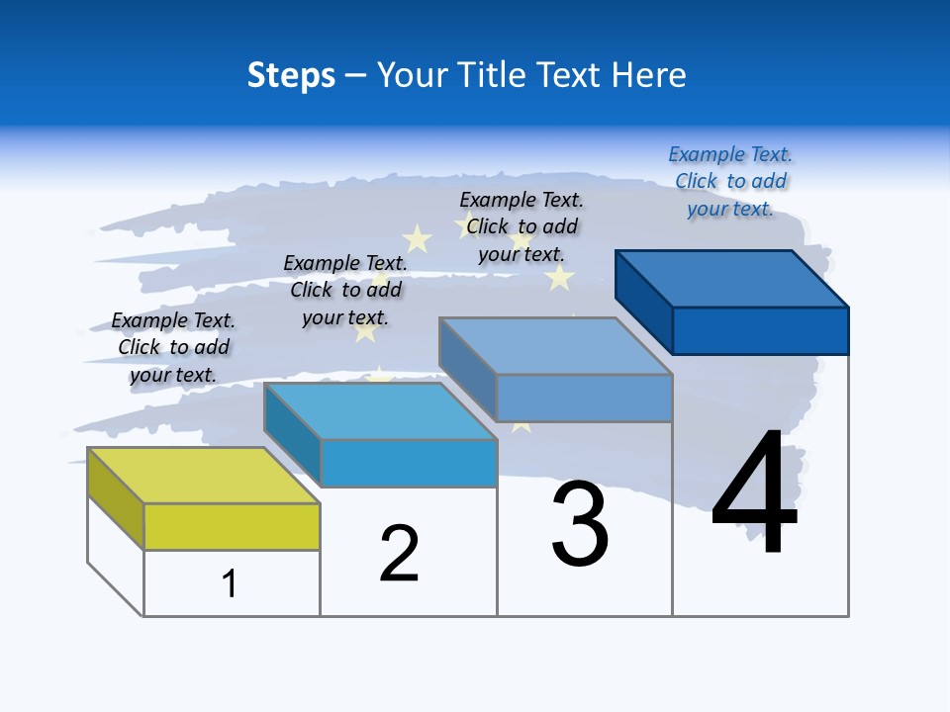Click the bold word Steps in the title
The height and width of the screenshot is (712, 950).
[291, 75]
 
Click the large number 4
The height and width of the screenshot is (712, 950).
[755, 493]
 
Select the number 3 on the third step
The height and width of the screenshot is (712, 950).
[580, 523]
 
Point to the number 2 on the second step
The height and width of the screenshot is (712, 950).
[400, 553]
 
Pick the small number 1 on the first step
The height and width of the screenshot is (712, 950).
[230, 583]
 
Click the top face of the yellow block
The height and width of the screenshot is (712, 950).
[203, 476]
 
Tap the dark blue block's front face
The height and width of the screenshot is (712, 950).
[760, 330]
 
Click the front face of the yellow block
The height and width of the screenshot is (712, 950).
[232, 526]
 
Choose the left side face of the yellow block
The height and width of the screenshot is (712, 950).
[116, 497]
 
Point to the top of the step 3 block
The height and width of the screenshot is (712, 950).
[556, 346]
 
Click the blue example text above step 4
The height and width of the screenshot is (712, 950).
[730, 182]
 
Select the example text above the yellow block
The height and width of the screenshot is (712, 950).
[173, 347]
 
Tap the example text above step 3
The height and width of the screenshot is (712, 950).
[522, 226]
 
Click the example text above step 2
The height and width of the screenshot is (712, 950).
[345, 290]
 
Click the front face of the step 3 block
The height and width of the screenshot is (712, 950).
[584, 398]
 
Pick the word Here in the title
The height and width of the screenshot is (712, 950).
[651, 75]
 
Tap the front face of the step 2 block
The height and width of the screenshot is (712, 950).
[408, 463]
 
